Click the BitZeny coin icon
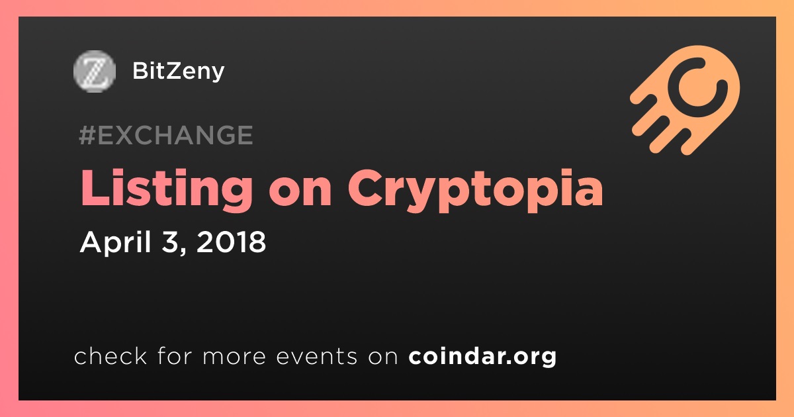95,71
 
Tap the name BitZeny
178,71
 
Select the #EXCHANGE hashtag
166,135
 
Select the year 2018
231,242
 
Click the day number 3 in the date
170,242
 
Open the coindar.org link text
482,357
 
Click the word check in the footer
110,355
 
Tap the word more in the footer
234,357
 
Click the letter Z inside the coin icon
95,71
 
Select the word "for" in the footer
175,355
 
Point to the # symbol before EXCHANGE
87,135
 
